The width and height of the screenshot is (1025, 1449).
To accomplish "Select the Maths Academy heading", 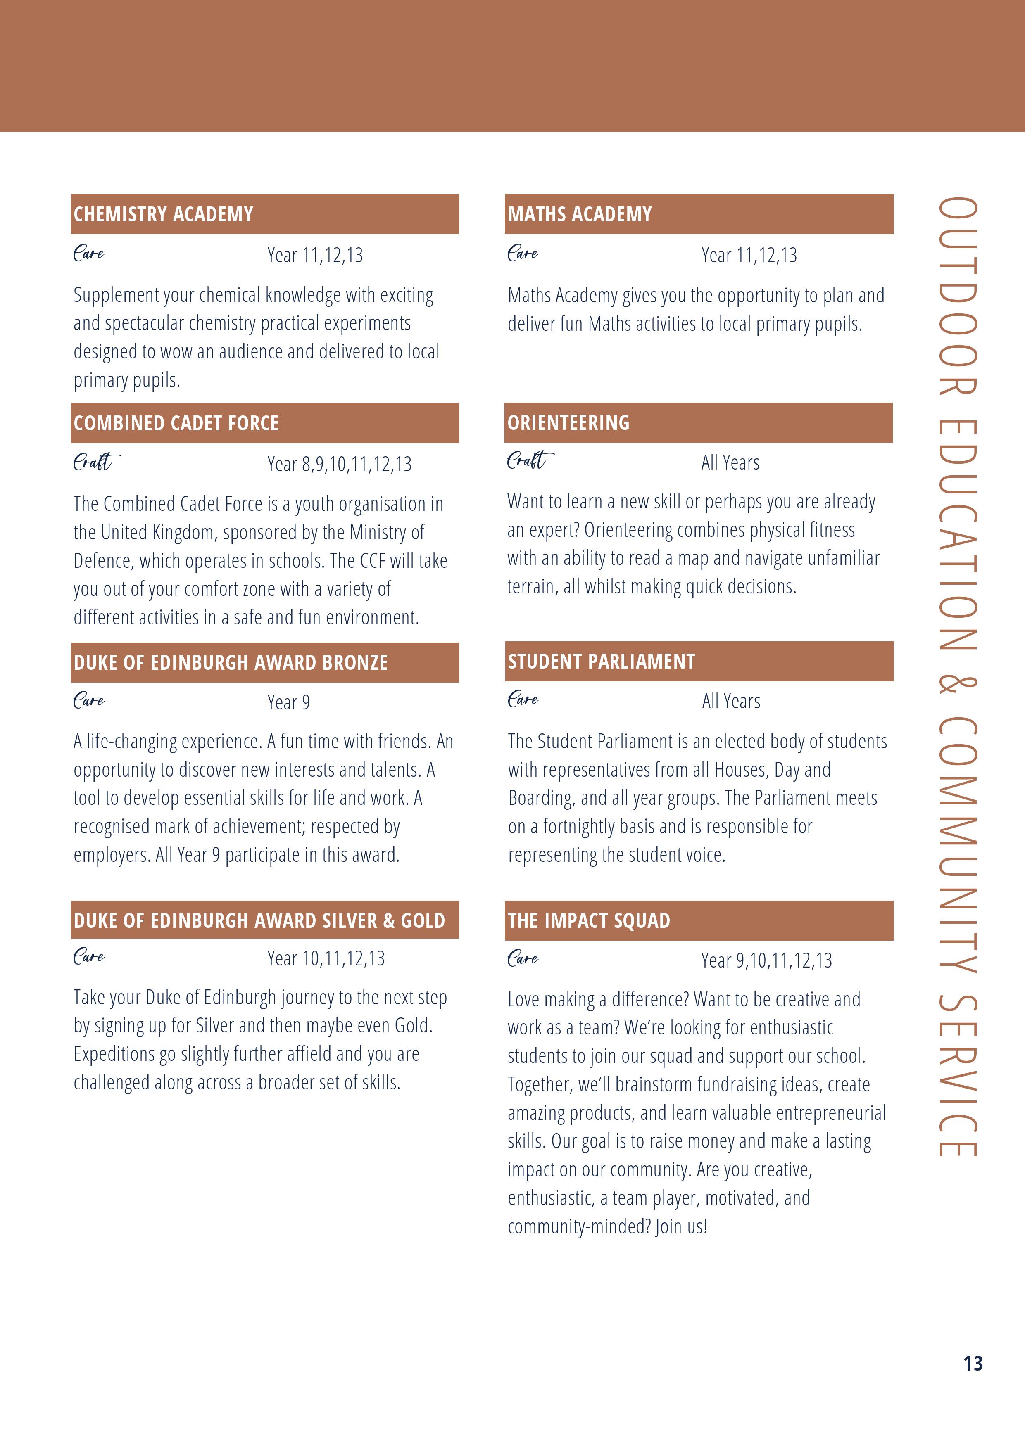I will [x=579, y=215].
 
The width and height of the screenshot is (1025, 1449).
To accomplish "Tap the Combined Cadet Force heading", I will [x=176, y=423].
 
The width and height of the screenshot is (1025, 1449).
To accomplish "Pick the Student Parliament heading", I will [x=601, y=662].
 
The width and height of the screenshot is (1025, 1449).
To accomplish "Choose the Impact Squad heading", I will [x=589, y=921].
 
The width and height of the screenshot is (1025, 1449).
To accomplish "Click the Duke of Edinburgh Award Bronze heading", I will [x=231, y=663].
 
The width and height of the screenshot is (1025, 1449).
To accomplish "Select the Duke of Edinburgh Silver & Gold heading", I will [x=259, y=921].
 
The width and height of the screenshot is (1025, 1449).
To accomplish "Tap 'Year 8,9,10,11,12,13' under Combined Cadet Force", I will [x=339, y=465].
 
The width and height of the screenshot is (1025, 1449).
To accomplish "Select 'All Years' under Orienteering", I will [x=730, y=462].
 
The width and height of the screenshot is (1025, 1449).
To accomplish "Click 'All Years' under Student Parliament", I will [x=731, y=701].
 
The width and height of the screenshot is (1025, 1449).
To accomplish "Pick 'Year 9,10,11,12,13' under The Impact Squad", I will [x=766, y=960].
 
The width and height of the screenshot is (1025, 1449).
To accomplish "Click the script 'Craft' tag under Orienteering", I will [x=529, y=461].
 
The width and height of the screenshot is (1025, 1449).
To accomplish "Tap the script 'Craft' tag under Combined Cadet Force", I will [x=95, y=462].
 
